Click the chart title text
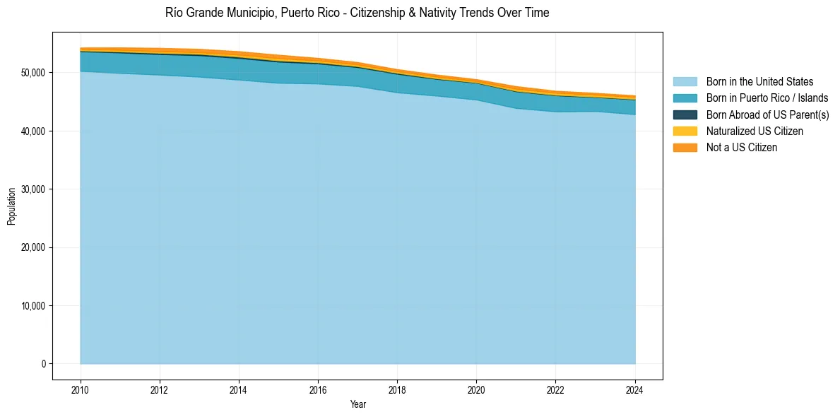coord(357,13)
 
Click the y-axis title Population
coord(11,206)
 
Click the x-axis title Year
coord(358,404)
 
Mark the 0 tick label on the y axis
coord(42,364)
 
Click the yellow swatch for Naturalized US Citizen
coord(685,131)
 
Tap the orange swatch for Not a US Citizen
coord(685,148)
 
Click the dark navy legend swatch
coord(685,114)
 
